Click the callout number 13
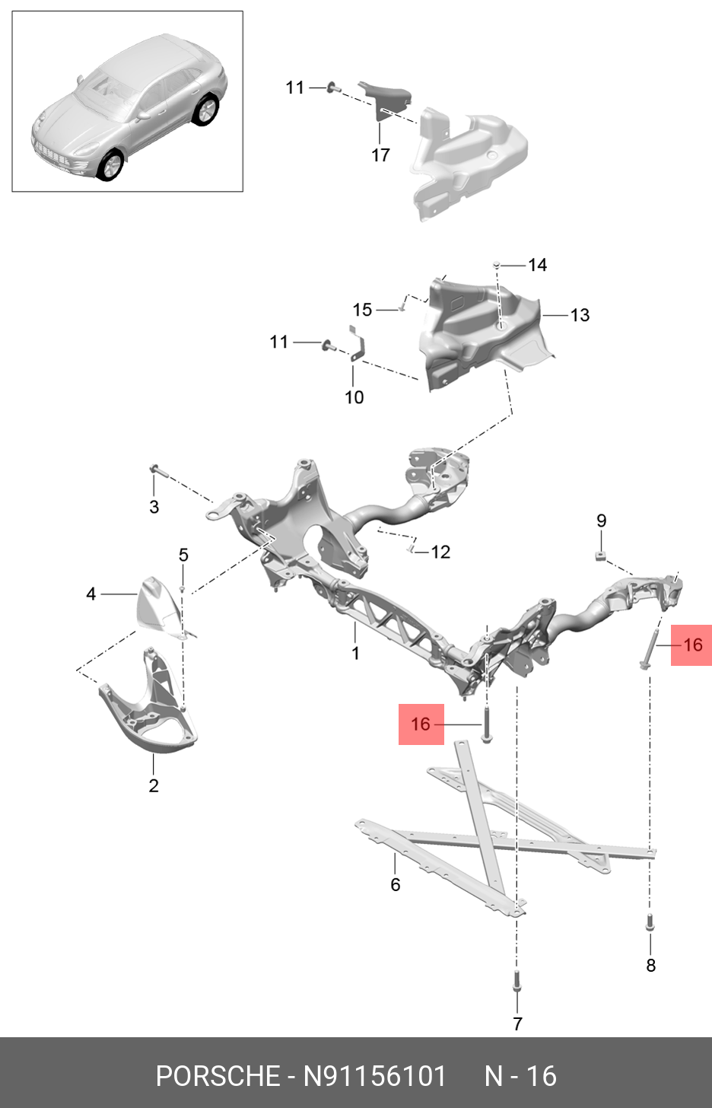(x=580, y=315)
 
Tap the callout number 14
(x=537, y=265)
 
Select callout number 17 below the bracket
(x=380, y=155)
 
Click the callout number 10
(x=354, y=397)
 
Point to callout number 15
(x=362, y=310)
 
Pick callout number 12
(x=440, y=552)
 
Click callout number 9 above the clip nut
(x=601, y=521)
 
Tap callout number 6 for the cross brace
(x=395, y=884)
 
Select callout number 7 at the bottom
(x=517, y=1024)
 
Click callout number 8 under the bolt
(x=650, y=965)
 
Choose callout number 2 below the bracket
(x=154, y=785)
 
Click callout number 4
(x=91, y=594)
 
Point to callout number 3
(x=154, y=507)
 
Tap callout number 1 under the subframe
(x=355, y=653)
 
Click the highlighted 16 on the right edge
(x=692, y=645)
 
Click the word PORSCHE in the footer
(x=218, y=1076)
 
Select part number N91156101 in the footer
(x=375, y=1076)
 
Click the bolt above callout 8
(x=650, y=923)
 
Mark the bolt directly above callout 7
(x=517, y=982)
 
